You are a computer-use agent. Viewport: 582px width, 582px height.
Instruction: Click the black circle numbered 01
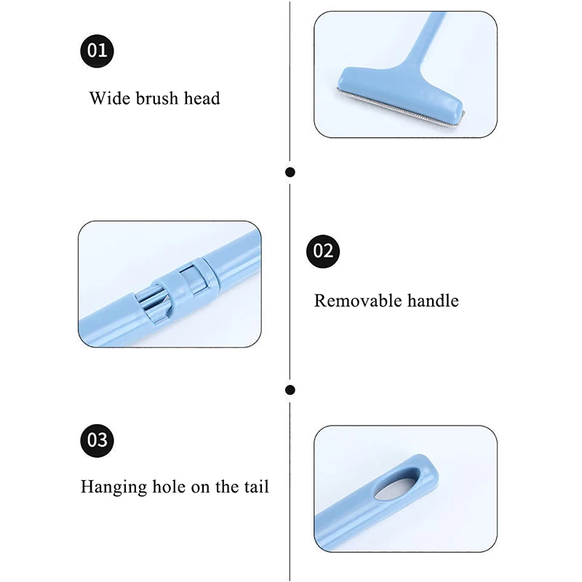(x=97, y=51)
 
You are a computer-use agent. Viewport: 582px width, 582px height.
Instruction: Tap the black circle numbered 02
(x=323, y=251)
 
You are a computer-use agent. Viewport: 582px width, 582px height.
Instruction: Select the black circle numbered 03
(x=97, y=441)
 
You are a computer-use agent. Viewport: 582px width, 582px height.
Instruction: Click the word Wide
(x=111, y=98)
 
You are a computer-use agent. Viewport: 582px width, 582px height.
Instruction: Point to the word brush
(x=157, y=98)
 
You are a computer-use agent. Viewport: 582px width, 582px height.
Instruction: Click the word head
(x=202, y=98)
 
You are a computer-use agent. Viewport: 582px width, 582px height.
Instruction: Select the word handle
(x=433, y=300)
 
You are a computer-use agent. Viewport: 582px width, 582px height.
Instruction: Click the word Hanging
(x=113, y=487)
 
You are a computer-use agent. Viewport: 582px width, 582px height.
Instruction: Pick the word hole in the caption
(x=170, y=487)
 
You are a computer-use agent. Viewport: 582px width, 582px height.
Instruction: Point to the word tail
(x=256, y=487)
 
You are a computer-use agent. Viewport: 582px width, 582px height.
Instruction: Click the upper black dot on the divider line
(x=290, y=172)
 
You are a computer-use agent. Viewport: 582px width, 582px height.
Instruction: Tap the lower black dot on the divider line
(x=290, y=390)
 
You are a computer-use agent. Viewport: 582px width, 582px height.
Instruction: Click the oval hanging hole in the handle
(x=397, y=483)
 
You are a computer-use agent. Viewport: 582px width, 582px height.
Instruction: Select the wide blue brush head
(x=401, y=94)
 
